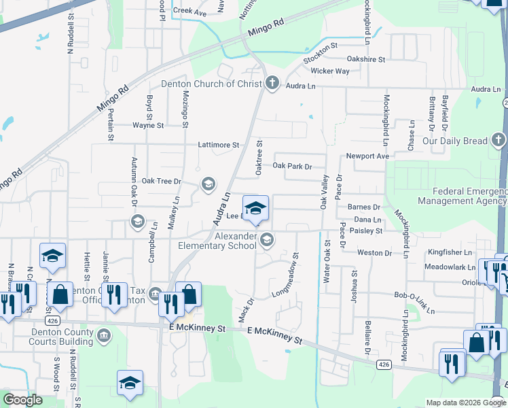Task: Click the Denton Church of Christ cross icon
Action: pyautogui.click(x=272, y=84)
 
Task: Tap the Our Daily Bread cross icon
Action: pyautogui.click(x=499, y=141)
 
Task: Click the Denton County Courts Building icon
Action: pyautogui.click(x=104, y=335)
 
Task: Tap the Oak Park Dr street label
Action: pyautogui.click(x=291, y=166)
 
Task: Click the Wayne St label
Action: pyautogui.click(x=148, y=125)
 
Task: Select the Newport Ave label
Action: pyautogui.click(x=367, y=156)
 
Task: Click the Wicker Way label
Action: pyautogui.click(x=330, y=71)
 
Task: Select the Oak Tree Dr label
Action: pyautogui.click(x=162, y=182)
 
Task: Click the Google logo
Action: pyautogui.click(x=23, y=400)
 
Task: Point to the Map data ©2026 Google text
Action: pyautogui.click(x=465, y=403)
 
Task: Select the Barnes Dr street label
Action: pyautogui.click(x=363, y=207)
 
